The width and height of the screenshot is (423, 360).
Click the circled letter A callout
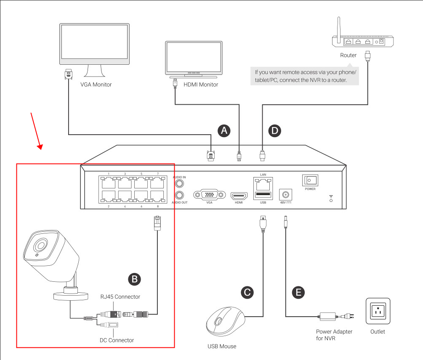pyautogui.click(x=224, y=131)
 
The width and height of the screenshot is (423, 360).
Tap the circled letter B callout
pyautogui.click(x=134, y=279)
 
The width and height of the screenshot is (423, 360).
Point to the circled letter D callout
pyautogui.click(x=275, y=131)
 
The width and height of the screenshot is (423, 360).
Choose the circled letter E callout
pyautogui.click(x=298, y=292)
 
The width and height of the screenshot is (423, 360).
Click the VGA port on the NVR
pyautogui.click(x=206, y=195)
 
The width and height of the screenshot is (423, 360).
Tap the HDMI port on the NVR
pyautogui.click(x=239, y=196)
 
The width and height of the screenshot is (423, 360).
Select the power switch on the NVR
pyautogui.click(x=310, y=180)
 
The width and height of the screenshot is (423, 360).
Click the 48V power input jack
pyautogui.click(x=286, y=195)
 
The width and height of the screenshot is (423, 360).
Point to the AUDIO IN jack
pyautogui.click(x=180, y=183)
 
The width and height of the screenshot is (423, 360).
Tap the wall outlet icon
pyautogui.click(x=378, y=312)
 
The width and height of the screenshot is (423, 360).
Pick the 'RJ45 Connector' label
pyautogui.click(x=120, y=297)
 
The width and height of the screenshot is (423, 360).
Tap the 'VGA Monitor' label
pyautogui.click(x=96, y=85)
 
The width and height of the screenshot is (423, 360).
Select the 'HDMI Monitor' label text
pyautogui.click(x=201, y=85)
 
